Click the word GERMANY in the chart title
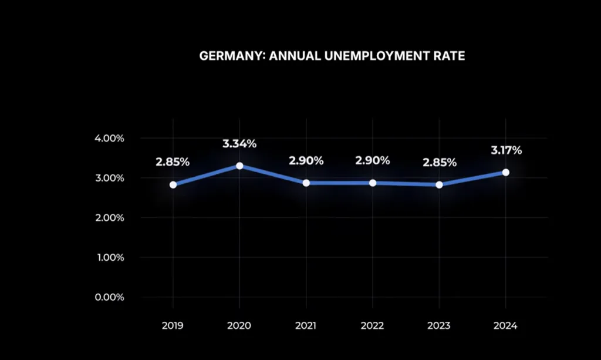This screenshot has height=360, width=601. [226, 56]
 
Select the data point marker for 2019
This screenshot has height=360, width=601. [173, 184]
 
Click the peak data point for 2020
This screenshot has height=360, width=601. [239, 166]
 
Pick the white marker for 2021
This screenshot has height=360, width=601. [306, 183]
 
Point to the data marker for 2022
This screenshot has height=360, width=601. [373, 183]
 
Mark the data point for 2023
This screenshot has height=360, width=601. [439, 184]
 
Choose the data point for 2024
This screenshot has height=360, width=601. [505, 172]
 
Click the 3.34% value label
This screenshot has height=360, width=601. [239, 144]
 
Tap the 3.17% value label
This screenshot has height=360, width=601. [505, 150]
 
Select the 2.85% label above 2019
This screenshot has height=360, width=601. [173, 162]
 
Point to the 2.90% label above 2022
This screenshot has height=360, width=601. [373, 160]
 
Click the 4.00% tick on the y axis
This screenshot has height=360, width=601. [109, 139]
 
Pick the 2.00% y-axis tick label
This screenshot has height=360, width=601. [109, 218]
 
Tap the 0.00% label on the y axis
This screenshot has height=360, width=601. [109, 297]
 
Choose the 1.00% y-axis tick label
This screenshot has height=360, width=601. [109, 257]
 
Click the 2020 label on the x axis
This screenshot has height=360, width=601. [239, 326]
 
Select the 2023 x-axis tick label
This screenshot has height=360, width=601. [439, 326]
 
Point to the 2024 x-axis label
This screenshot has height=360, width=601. [505, 326]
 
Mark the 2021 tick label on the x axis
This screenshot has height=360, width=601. [306, 326]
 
